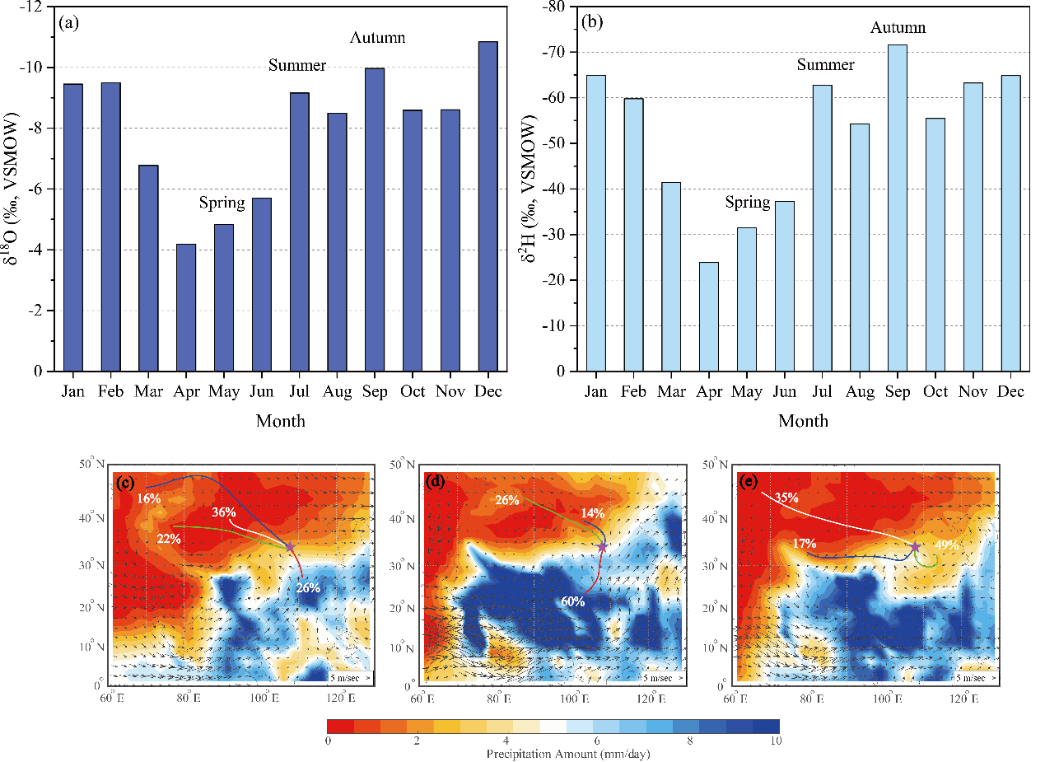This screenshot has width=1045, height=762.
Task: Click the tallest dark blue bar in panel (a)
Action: point(488,206)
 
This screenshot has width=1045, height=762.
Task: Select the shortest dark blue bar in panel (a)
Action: point(186,307)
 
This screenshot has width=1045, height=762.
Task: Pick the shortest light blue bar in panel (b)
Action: point(709,316)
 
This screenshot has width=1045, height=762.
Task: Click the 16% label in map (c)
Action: point(149,499)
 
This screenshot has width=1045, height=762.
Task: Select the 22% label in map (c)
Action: point(170,539)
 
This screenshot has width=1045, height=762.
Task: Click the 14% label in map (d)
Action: point(593,513)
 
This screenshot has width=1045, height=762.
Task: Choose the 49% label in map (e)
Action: point(947,545)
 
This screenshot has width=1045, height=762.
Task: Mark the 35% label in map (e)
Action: point(787,498)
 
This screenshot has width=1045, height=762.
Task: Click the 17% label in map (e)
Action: point(804,544)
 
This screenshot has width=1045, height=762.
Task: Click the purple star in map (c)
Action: point(289,548)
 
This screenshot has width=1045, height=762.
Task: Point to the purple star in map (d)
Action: point(602,548)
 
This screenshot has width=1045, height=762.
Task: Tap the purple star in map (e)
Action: point(915,548)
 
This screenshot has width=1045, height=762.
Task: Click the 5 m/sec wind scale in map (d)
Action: point(662,677)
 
